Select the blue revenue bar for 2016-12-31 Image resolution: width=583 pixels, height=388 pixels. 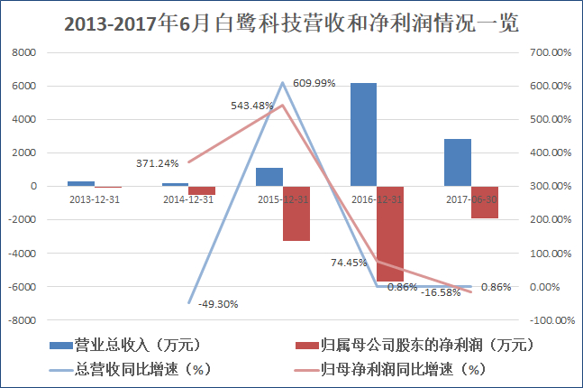click(x=363, y=134)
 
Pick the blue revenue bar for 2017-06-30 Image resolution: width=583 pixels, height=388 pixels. click(x=457, y=162)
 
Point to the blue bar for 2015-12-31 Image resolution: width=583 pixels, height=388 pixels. click(x=269, y=177)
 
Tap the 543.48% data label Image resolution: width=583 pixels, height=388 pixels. click(x=251, y=105)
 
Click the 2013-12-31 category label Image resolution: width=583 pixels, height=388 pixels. click(x=95, y=199)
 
